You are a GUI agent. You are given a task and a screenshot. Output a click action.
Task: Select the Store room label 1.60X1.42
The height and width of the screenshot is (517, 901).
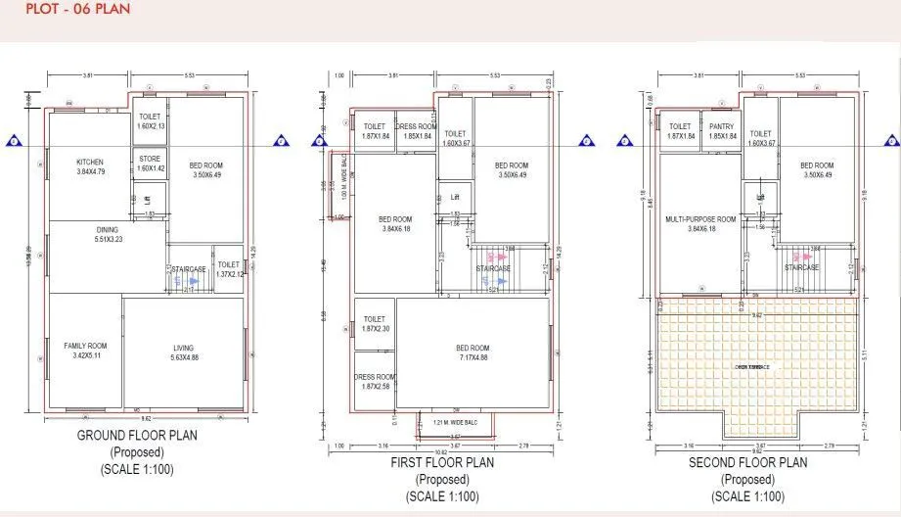(150, 164)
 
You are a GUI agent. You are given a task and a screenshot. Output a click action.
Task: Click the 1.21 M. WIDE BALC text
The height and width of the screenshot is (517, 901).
(454, 423)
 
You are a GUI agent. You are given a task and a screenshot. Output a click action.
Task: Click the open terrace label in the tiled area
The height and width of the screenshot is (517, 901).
(752, 367)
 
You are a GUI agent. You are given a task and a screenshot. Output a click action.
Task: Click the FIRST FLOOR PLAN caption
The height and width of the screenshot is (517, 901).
(442, 462)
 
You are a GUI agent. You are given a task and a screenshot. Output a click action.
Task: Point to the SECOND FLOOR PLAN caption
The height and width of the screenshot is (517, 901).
(747, 462)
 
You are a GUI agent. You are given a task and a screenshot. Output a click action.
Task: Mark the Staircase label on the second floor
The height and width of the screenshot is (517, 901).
(802, 267)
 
